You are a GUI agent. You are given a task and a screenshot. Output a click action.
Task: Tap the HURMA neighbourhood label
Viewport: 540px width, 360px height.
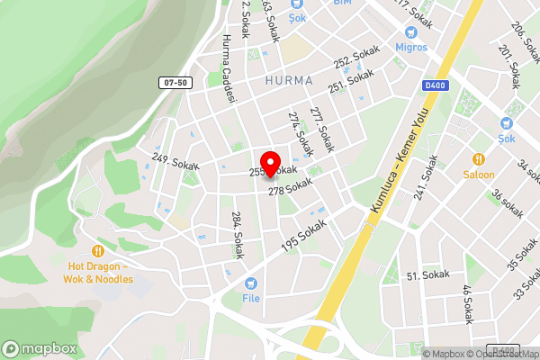[290, 80]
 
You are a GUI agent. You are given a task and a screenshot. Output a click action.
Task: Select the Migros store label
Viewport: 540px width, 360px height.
[411, 46]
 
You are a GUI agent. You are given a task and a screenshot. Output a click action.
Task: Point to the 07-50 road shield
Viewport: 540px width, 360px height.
[176, 83]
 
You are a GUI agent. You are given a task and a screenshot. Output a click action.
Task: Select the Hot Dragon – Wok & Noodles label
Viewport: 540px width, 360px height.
[98, 273]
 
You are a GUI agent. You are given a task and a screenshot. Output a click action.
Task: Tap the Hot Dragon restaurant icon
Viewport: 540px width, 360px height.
[98, 251]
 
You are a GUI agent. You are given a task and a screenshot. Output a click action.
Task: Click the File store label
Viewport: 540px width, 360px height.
[251, 297]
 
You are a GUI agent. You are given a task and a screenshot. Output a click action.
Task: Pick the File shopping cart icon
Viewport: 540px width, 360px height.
[251, 282]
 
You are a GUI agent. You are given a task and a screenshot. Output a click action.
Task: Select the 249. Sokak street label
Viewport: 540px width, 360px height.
[175, 163]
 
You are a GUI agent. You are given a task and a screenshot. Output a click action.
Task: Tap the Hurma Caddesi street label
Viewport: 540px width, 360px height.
[228, 68]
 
